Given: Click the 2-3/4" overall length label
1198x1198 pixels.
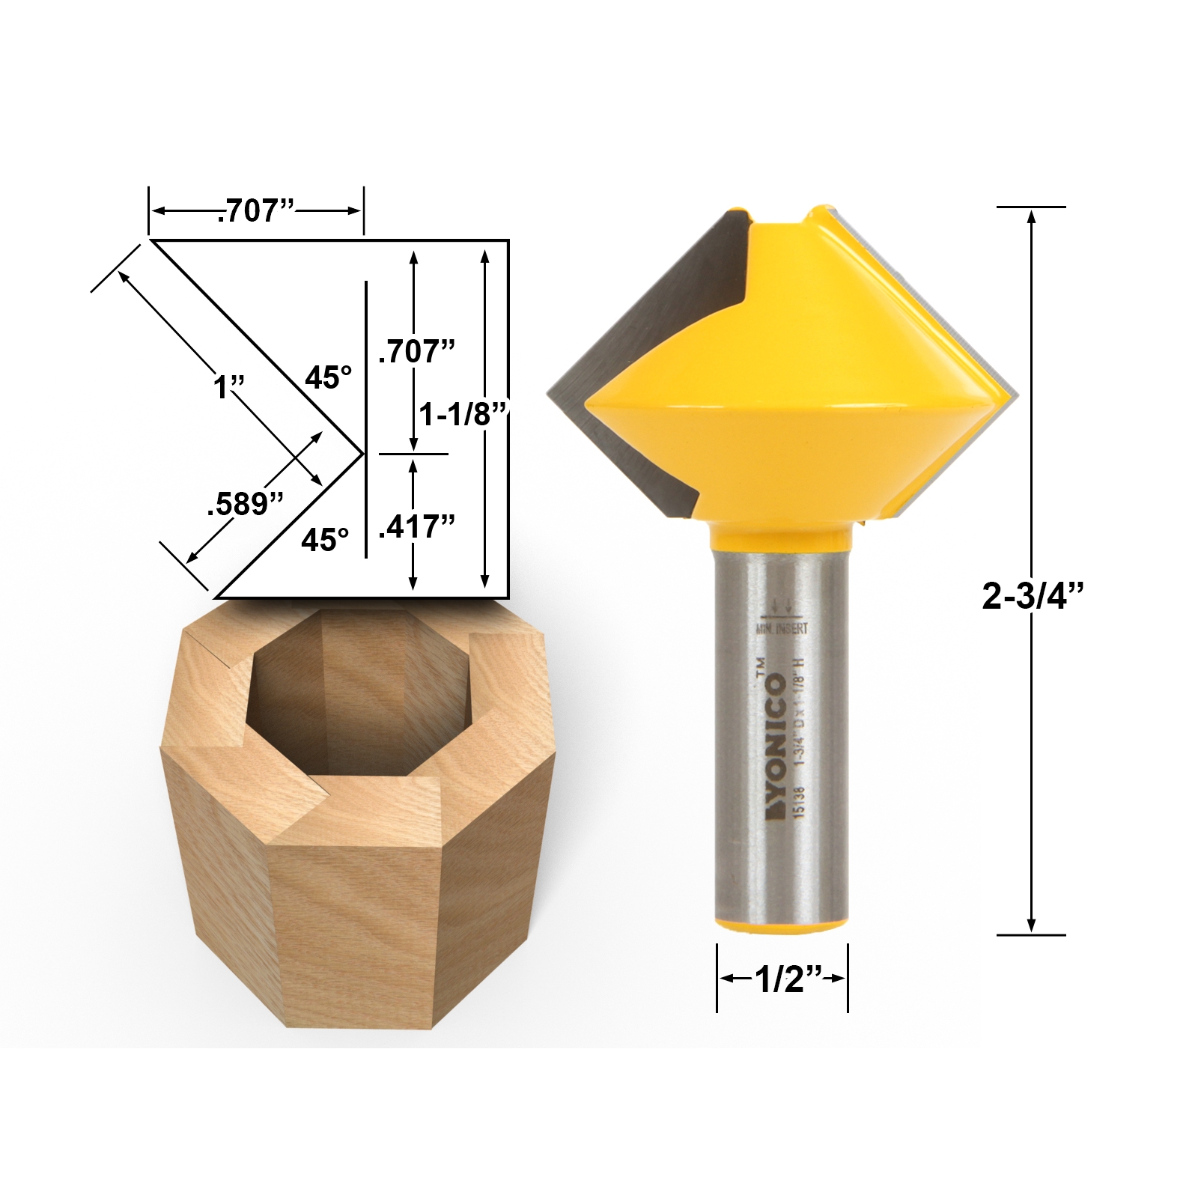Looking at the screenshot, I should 1033,596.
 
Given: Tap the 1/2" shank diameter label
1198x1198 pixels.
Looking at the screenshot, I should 782,979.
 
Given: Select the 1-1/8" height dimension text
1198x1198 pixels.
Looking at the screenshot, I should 463,413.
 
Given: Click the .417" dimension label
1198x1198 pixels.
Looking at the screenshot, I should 416,527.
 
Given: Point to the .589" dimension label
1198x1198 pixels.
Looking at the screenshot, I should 245,504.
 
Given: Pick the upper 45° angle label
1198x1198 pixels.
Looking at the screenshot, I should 328,378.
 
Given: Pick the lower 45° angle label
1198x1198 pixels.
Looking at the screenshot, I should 325,538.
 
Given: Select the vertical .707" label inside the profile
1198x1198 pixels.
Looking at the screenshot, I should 416,350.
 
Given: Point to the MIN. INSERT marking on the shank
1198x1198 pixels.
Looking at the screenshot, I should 782,630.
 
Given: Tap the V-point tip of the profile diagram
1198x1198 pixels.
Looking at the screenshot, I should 363,454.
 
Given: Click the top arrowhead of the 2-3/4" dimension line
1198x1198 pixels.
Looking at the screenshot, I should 1031,217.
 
